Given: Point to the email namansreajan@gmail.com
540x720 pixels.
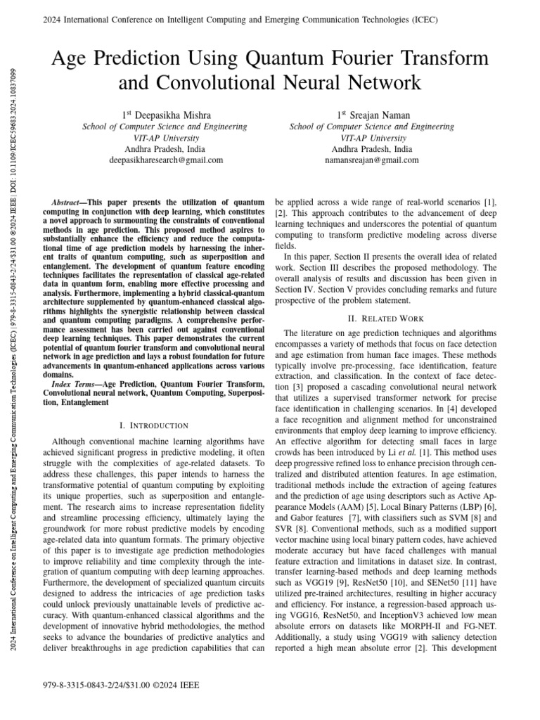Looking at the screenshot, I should click(372, 160).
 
